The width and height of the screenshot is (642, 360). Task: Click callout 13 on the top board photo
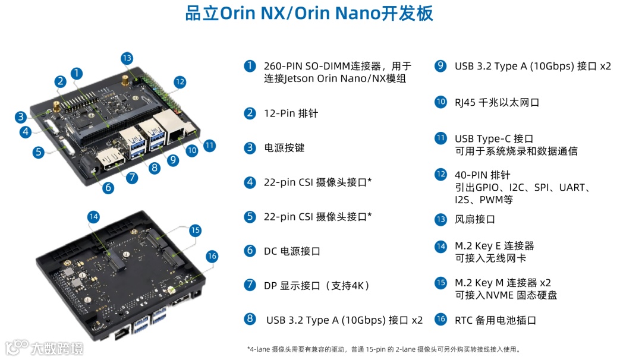[x=127, y=58]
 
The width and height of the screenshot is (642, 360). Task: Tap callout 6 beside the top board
[x=108, y=188]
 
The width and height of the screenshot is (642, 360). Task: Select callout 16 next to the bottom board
[x=212, y=257]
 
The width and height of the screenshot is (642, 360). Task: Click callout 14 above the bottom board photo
[x=93, y=217]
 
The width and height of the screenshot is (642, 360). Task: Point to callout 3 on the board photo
[x=20, y=117]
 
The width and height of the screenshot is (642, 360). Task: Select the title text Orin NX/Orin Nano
[x=301, y=13]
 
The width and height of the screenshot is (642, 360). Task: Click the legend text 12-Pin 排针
[x=291, y=113]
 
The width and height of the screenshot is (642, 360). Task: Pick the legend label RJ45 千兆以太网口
[x=497, y=102]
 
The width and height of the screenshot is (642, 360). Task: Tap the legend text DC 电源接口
[x=292, y=251]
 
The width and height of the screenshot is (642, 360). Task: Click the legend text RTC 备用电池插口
[x=495, y=320]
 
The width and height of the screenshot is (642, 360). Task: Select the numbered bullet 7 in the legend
[x=250, y=285]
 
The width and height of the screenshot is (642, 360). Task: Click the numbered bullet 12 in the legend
[x=440, y=174]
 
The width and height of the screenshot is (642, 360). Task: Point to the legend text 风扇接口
[x=475, y=219]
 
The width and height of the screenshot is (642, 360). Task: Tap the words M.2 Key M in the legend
[x=479, y=283]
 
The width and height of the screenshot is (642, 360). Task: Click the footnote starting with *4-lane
[x=385, y=349]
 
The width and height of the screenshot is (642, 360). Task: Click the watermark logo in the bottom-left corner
[x=44, y=348]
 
